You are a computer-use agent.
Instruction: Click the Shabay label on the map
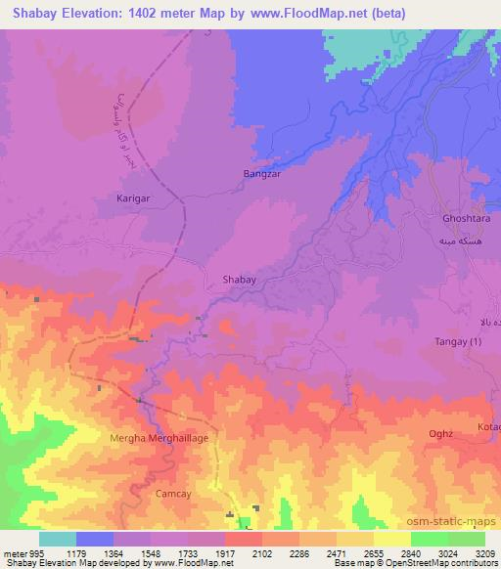coord(241,280)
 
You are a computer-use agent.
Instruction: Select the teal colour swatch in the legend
coord(58,538)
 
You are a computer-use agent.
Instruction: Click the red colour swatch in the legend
coord(244,538)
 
